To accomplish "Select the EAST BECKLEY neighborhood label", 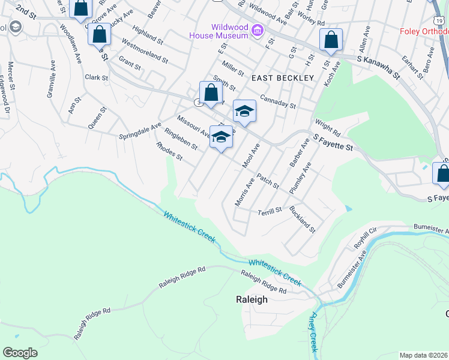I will [282, 78].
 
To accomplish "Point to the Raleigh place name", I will [252, 300].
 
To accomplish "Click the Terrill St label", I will [270, 211].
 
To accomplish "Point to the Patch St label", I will [268, 182].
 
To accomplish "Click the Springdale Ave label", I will [139, 130].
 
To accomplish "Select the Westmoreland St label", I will [144, 50].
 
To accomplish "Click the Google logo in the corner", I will [20, 353].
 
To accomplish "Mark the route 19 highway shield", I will [433, 4].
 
